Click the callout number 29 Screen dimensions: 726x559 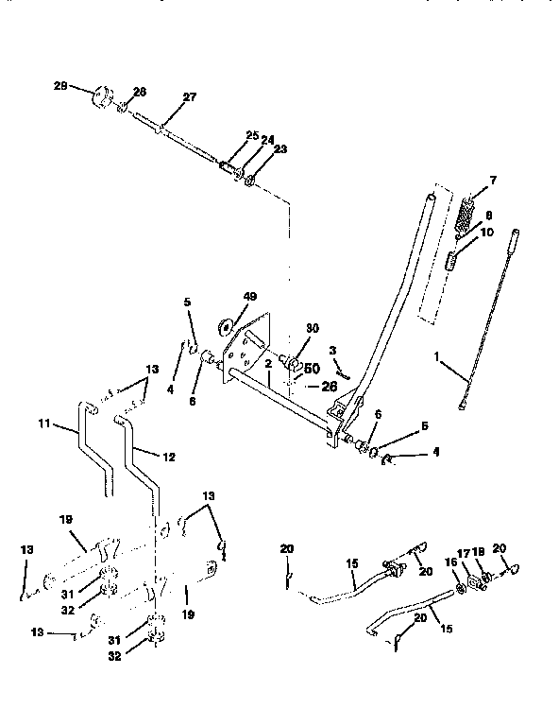point(60,86)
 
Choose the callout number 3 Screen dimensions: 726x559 point(332,350)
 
